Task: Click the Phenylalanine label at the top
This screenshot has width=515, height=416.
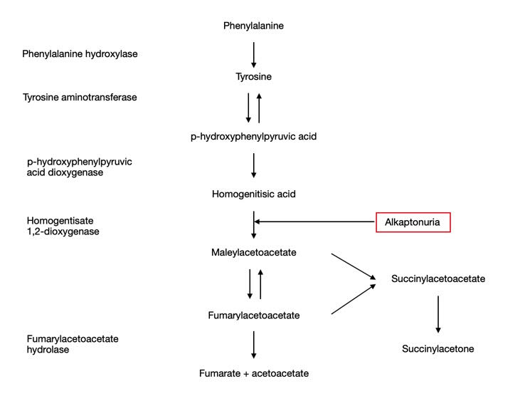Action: click(x=254, y=26)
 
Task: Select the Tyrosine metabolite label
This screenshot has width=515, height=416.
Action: click(x=254, y=76)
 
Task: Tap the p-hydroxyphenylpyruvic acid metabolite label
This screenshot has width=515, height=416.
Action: click(x=253, y=136)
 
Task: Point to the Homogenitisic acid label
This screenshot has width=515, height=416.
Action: click(x=253, y=194)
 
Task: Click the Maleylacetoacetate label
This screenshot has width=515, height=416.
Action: click(x=253, y=252)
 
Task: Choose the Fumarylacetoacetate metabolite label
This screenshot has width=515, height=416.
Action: click(x=253, y=315)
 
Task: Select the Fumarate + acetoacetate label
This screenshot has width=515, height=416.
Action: click(x=253, y=373)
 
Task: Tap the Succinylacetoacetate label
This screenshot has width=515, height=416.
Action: click(x=438, y=279)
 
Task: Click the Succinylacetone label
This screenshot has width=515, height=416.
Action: click(x=437, y=348)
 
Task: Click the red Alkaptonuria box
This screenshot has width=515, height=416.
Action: click(x=413, y=222)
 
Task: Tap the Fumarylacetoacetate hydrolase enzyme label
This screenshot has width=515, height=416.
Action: click(x=73, y=344)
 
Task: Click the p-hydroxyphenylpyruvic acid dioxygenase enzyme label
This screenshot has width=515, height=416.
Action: click(x=80, y=167)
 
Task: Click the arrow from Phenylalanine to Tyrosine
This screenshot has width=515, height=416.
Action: click(x=254, y=53)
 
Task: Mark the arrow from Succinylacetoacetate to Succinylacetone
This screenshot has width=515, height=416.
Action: click(x=438, y=313)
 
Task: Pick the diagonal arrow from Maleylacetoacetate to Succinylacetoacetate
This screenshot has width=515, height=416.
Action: click(x=354, y=267)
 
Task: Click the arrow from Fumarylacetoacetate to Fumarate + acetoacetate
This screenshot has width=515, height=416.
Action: click(x=254, y=344)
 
